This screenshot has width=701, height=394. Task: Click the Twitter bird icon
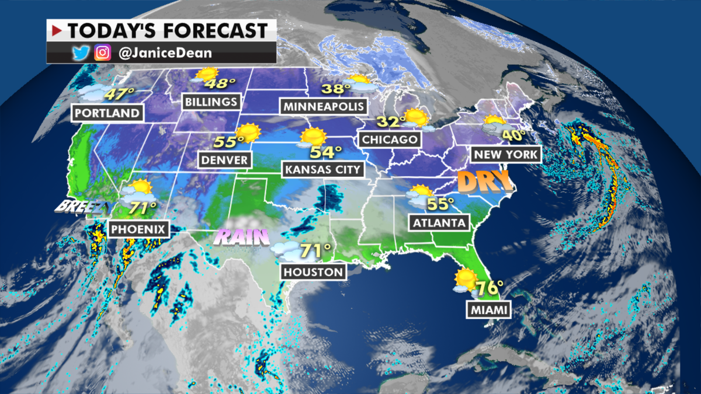pos(79,53)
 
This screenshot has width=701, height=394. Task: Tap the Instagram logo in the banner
pos(103,53)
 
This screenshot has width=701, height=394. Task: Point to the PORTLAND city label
pos(107,113)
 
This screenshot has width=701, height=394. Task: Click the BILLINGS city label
pos(211,102)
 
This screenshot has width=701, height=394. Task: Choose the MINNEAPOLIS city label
pos(325,106)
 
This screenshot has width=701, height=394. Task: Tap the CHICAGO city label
pos(390,140)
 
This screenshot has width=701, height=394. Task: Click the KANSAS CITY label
pos(323,170)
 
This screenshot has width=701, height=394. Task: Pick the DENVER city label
pos(225,159)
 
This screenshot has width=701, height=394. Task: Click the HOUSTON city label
pos(313,272)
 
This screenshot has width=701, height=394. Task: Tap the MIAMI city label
pos(488,310)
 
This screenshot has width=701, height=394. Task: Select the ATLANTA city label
pos(439,222)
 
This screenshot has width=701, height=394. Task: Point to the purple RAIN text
pos(242,236)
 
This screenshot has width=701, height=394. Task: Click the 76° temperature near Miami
pos(490,289)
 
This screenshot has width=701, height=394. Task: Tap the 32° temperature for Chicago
pos(390,121)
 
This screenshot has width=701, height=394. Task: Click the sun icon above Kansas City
pos(314,137)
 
